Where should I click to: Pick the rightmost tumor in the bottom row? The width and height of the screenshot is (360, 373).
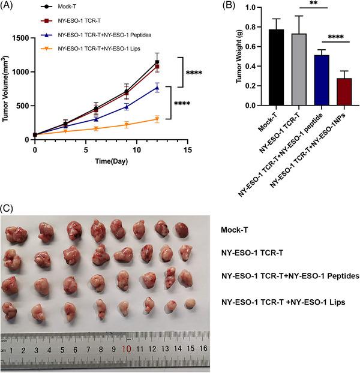[190, 304]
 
